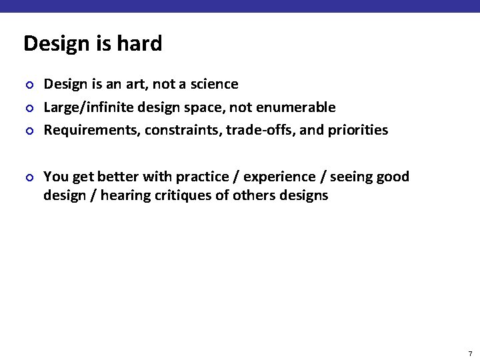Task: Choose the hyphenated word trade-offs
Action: [x=261, y=130]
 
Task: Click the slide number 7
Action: [x=470, y=353]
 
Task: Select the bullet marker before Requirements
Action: [x=29, y=131]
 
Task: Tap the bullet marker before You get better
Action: [x=29, y=177]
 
